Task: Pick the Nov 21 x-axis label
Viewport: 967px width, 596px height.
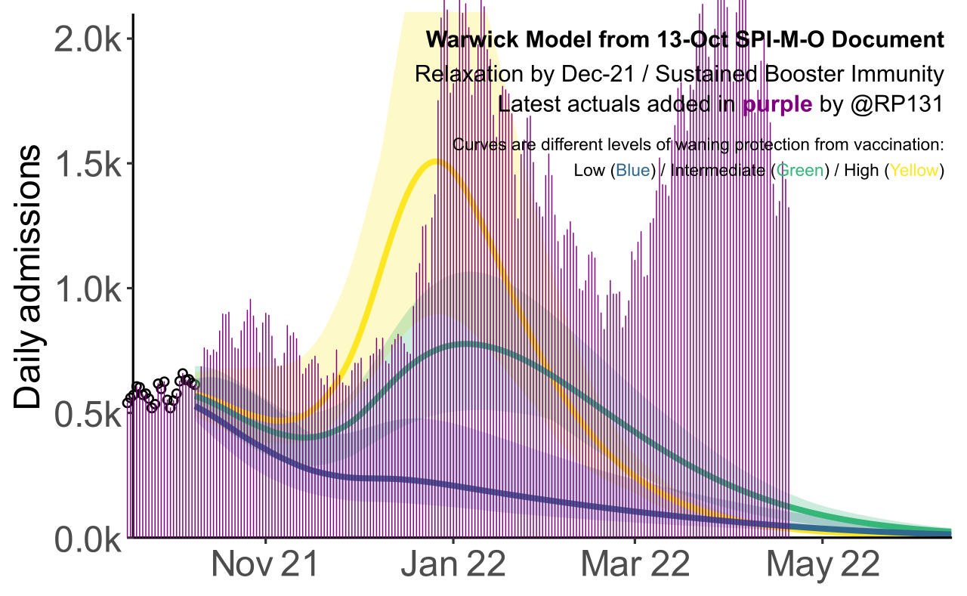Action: point(266,566)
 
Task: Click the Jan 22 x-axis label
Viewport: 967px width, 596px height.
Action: point(452,566)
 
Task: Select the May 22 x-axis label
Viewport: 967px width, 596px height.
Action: point(822,566)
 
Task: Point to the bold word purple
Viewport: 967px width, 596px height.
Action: point(777,105)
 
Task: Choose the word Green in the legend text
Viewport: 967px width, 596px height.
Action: point(799,171)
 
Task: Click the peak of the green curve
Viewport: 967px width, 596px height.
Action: point(468,344)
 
